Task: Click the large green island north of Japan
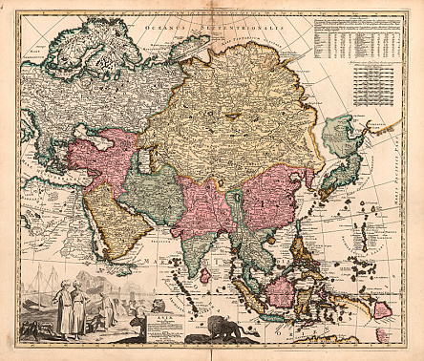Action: [x=342, y=137]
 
